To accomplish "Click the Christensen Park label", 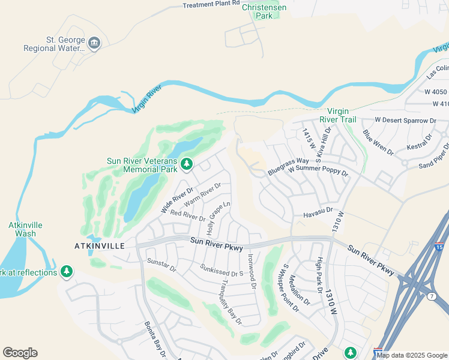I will click(264, 11).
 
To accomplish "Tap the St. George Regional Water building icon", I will click(94, 43).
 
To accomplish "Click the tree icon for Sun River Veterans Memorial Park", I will click(187, 163).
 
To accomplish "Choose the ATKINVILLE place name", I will click(99, 246).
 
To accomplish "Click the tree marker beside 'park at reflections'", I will click(66, 272).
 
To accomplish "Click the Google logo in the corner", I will click(20, 353).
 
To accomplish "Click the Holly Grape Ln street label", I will click(218, 218).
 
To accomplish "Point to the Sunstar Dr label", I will click(161, 265).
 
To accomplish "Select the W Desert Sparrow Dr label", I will click(405, 121).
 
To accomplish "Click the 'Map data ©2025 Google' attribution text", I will click(412, 355).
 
